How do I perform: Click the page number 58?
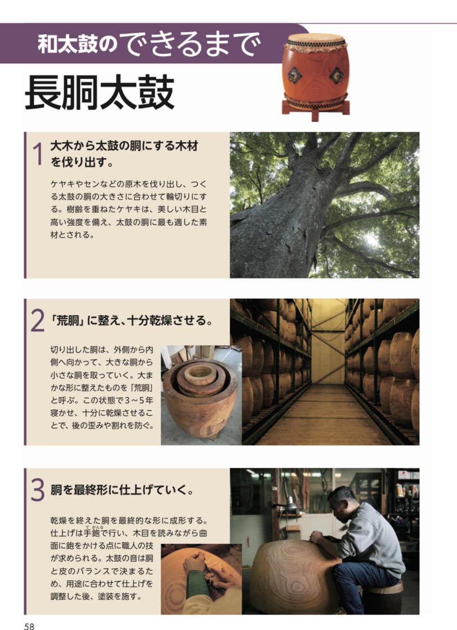(x=29, y=626)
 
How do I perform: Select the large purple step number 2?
(x=37, y=321)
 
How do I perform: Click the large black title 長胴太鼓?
(x=100, y=92)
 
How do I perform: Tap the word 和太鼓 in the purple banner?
(x=68, y=44)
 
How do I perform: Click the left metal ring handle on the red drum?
(x=295, y=75)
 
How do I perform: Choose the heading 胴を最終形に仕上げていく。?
(x=123, y=490)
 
